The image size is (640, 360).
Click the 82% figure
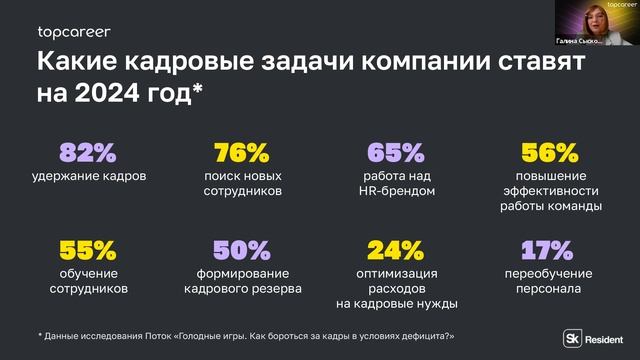(88, 153)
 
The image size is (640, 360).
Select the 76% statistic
(242, 153)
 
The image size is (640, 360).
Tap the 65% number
(396, 153)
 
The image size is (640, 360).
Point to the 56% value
(550, 153)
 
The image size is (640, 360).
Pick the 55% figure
(88, 249)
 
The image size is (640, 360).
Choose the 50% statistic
(242, 249)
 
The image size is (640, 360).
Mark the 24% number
(396, 249)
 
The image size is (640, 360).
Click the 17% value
(550, 249)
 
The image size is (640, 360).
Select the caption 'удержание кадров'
(88, 176)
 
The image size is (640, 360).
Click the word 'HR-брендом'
(397, 191)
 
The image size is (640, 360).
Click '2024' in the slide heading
(103, 94)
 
